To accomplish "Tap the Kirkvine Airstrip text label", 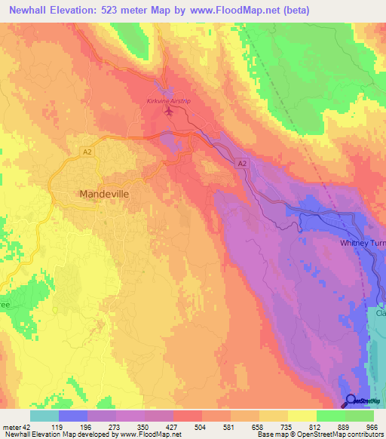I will (x=168, y=100).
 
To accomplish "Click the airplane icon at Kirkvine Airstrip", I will (x=168, y=112).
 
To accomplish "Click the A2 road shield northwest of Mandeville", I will (x=87, y=152).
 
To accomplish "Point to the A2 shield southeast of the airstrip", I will (x=241, y=163).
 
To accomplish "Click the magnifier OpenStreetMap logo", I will (x=351, y=401).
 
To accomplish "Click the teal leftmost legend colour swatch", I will (x=44, y=416).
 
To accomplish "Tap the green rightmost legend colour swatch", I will (x=360, y=416).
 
